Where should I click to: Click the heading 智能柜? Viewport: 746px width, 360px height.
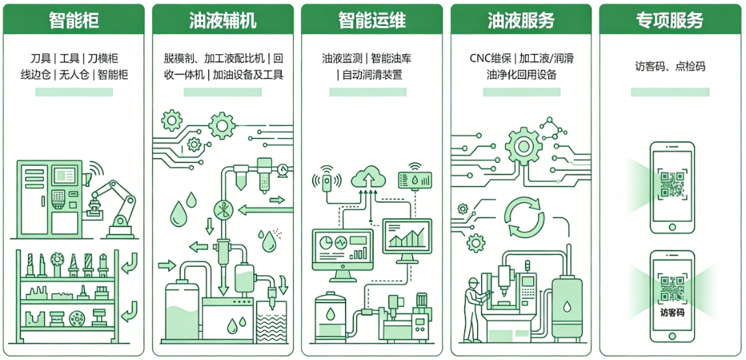(74, 20)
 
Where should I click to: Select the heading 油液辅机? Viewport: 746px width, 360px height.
(222, 20)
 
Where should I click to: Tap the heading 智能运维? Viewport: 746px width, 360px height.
(372, 20)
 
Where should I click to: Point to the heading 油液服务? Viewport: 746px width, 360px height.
(521, 20)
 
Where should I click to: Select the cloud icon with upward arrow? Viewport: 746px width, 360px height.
(369, 179)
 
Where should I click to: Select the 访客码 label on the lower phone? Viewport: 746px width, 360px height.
(672, 313)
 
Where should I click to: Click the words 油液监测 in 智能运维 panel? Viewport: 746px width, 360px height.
(343, 58)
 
